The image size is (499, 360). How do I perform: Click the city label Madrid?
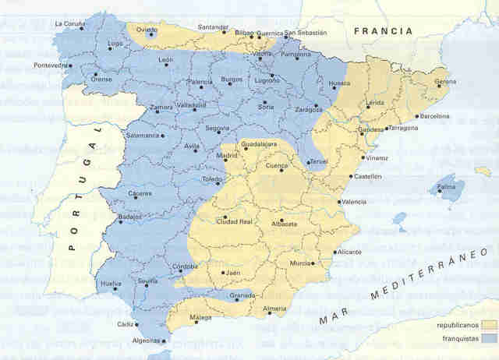tap(226, 156)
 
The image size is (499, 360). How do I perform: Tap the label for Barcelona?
tap(434, 116)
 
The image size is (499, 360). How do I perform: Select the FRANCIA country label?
tap(381, 31)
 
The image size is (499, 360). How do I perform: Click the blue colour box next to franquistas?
tap(489, 338)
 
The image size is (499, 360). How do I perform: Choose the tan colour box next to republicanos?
tap(489, 323)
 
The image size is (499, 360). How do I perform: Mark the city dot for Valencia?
tap(338, 201)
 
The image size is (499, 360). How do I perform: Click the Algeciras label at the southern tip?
tap(146, 341)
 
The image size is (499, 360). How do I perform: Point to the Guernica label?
tap(267, 33)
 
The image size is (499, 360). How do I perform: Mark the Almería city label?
tap(275, 309)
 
